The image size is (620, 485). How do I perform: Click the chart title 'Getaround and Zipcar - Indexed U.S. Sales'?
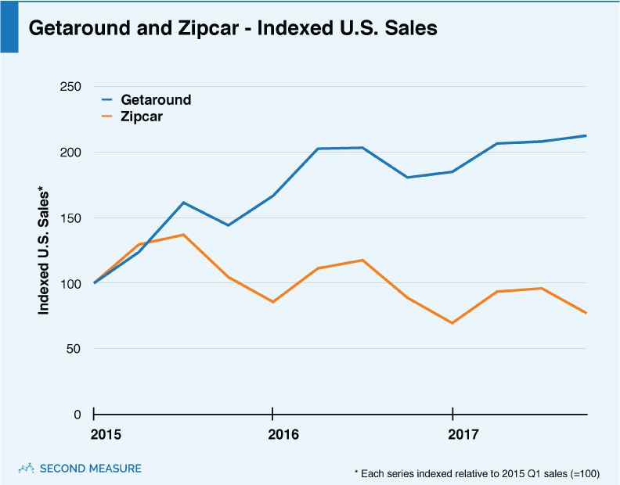click(232, 28)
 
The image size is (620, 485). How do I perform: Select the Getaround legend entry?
click(156, 100)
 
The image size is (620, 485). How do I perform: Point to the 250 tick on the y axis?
click(70, 87)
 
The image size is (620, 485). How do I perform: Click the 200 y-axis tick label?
click(70, 153)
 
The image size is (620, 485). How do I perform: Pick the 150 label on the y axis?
click(70, 218)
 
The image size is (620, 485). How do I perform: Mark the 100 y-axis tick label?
click(70, 283)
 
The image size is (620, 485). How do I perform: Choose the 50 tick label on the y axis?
click(74, 349)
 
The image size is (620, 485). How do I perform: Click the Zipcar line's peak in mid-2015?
click(183, 235)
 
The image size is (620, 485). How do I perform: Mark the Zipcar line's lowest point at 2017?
click(452, 323)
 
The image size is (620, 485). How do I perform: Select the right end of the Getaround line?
click(586, 136)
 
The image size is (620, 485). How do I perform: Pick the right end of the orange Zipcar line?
click(586, 313)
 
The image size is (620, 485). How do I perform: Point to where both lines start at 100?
click(95, 282)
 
